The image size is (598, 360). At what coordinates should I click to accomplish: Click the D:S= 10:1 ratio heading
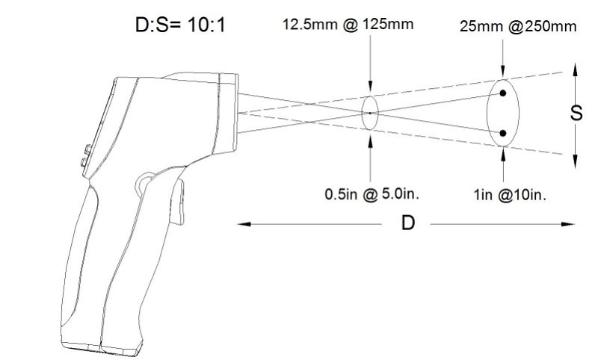coord(180,25)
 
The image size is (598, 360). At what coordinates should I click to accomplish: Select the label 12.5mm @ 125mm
coord(348,25)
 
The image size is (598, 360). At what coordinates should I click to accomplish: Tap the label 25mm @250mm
coord(518,26)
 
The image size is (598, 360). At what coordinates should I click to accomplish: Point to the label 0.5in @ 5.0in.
coord(372,194)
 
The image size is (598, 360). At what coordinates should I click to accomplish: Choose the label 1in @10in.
coord(510,195)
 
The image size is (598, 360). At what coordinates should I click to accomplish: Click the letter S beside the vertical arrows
coord(576,113)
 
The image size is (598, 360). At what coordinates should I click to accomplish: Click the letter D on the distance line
coord(407,223)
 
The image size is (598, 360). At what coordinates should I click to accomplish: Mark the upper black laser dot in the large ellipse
coord(503,93)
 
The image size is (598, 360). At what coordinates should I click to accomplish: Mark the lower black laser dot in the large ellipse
coord(503,134)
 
